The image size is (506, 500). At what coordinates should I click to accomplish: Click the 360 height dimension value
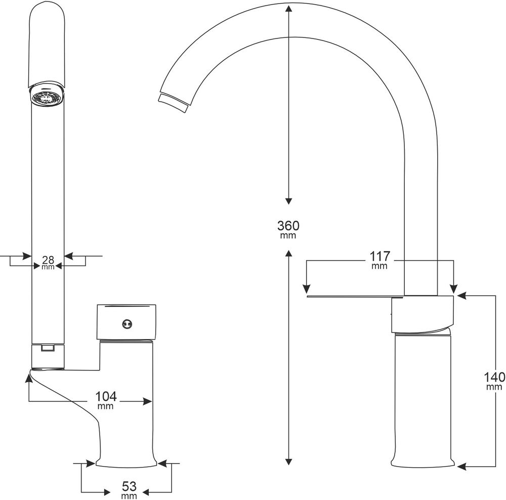click(x=288, y=225)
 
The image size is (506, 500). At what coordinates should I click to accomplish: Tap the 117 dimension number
click(x=379, y=257)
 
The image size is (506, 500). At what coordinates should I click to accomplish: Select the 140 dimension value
click(x=494, y=377)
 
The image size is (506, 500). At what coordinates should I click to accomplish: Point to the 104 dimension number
click(x=105, y=396)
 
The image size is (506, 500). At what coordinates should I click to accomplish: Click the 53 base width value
click(x=130, y=487)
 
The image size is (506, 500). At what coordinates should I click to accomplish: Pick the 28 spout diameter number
click(x=48, y=260)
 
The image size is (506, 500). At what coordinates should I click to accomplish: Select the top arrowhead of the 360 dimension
click(x=288, y=9)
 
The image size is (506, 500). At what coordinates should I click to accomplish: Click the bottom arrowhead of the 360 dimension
click(x=288, y=461)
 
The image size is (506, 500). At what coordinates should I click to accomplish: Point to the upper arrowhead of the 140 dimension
click(x=460, y=294)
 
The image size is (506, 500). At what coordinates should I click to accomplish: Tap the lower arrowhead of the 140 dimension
click(x=460, y=467)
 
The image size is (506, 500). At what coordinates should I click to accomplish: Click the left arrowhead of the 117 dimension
click(x=306, y=289)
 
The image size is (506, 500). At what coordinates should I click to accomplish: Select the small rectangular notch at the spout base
click(x=48, y=348)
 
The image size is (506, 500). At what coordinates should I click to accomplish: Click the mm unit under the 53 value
click(x=130, y=496)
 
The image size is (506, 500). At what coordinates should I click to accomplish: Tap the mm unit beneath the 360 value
click(x=288, y=236)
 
